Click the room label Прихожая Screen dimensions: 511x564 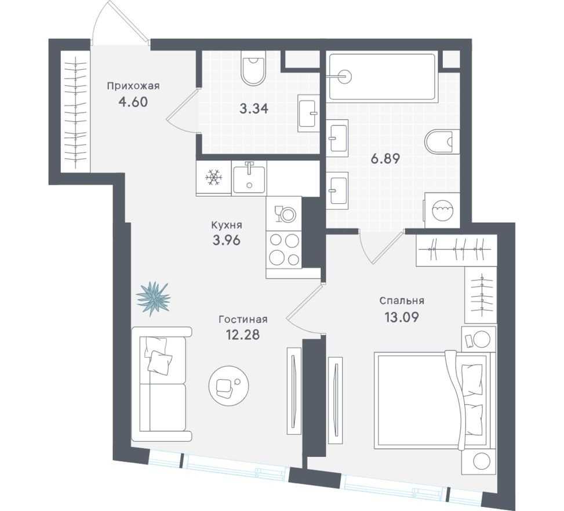pyautogui.click(x=133, y=86)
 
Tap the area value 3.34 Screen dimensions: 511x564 pyautogui.click(x=253, y=109)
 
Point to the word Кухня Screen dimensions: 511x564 pyautogui.click(x=226, y=224)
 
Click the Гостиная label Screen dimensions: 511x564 pyautogui.click(x=243, y=319)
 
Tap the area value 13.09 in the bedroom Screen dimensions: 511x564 pyautogui.click(x=402, y=317)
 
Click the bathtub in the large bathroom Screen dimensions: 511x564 pyautogui.click(x=382, y=76)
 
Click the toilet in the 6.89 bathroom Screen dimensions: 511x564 pyautogui.click(x=439, y=141)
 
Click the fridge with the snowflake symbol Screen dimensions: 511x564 pyautogui.click(x=214, y=178)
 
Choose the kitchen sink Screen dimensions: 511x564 pyautogui.click(x=249, y=178)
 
